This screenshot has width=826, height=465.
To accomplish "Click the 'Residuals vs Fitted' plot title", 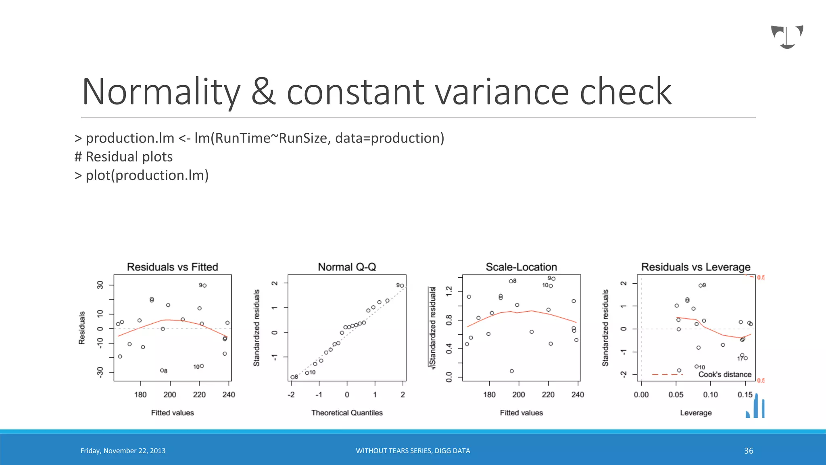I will pos(172,267).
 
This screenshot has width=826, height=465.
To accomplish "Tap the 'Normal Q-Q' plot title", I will pos(347,267).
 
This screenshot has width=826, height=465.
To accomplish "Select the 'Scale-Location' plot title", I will pos(521,267).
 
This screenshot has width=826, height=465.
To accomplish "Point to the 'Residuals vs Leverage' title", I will pos(696,267).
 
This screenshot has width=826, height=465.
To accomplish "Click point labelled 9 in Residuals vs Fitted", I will pos(205,285).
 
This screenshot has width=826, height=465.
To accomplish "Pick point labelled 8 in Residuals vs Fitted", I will pos(162,370).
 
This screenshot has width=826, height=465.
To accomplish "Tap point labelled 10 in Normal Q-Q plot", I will pos(307,373).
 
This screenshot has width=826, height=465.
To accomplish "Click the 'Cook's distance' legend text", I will pos(725,375).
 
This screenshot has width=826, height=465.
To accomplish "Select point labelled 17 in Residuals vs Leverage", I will pos(746,358).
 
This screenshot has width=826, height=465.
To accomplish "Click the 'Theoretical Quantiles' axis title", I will pos(347,413).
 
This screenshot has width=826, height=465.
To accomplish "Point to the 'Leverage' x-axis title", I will pos(696,413).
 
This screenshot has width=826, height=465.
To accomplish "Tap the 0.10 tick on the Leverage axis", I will pos(710,395).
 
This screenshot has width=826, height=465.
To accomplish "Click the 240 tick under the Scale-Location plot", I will pos(578,395).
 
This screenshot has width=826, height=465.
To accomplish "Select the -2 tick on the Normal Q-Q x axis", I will pos(291,395).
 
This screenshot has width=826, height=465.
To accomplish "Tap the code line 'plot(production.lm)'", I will pos(147,175).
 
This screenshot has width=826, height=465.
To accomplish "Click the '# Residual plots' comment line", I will pos(124,157).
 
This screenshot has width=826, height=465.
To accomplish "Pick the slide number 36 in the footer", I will pos(749,450).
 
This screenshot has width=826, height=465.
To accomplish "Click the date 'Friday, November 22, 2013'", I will pos(123,450).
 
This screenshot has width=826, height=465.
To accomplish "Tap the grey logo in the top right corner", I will pos(787,37).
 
